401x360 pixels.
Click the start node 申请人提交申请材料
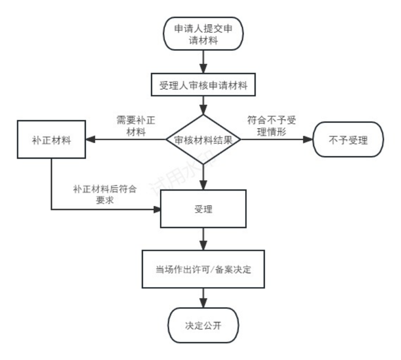tap(203, 34)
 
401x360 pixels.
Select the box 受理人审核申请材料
tap(203, 85)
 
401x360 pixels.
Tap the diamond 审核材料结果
tap(203, 140)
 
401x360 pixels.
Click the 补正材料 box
tap(51, 140)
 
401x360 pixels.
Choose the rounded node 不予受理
tap(349, 140)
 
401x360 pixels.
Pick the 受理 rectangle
tap(203, 209)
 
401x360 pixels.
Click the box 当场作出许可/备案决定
tap(203, 269)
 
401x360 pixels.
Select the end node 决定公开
tap(203, 325)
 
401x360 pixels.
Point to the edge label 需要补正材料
tap(136, 126)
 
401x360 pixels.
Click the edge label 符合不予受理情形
tap(271, 126)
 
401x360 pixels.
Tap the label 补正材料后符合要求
tap(105, 195)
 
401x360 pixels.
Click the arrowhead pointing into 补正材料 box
tap(90, 140)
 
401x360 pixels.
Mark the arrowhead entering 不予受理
tap(308, 140)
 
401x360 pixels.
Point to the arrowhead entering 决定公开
tap(203, 303)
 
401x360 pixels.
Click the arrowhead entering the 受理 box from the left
tap(156, 210)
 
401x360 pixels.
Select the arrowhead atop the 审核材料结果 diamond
tap(203, 110)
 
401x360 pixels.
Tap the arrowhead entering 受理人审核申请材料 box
tap(203, 68)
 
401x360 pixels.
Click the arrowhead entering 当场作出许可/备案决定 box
tap(203, 245)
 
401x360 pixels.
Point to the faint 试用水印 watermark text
tap(184, 174)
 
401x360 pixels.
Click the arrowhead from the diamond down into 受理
tap(203, 185)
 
